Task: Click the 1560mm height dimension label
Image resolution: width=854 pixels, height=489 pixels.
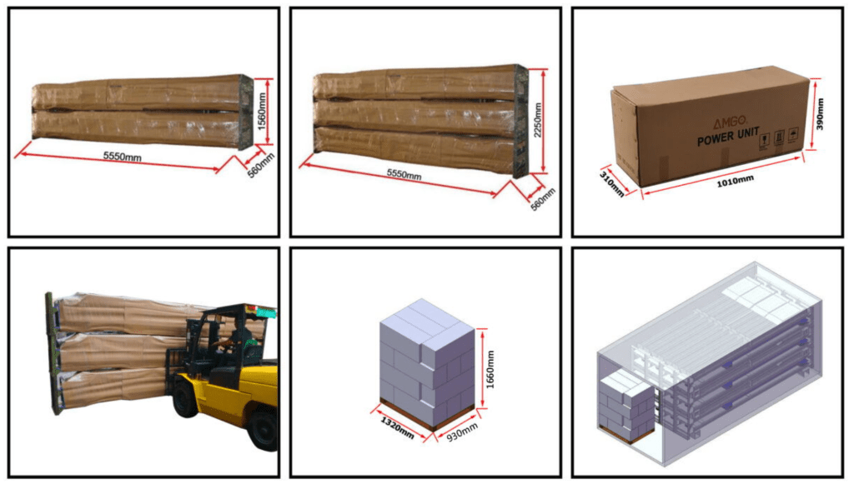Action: [262, 111]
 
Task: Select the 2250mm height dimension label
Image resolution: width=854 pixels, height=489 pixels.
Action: [538, 120]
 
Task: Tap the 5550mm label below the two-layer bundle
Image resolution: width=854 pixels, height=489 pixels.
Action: [123, 156]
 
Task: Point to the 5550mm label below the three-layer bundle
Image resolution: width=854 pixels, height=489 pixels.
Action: [404, 174]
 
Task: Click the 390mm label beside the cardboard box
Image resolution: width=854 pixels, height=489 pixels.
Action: [820, 113]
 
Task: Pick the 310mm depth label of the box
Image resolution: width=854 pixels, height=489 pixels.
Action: [611, 184]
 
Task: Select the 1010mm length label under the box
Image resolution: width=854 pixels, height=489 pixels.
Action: [735, 181]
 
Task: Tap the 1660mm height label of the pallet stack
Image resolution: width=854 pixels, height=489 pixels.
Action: [490, 369]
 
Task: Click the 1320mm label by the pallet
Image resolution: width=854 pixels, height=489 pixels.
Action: [397, 427]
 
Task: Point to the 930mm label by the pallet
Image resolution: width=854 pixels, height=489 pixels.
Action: [462, 432]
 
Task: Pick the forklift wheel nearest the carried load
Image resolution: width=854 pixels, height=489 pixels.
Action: [185, 399]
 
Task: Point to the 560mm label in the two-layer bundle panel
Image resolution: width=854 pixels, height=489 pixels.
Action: [261, 165]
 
